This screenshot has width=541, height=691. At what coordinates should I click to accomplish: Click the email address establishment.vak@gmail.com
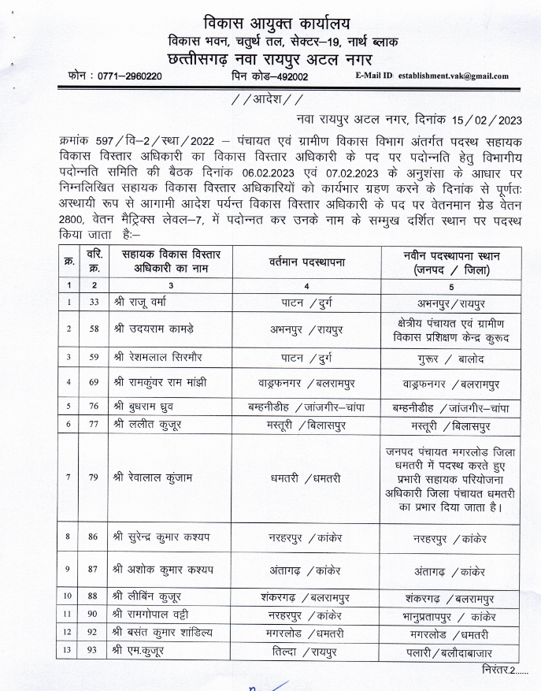click(x=453, y=76)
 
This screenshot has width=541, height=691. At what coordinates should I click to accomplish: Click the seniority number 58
click(x=94, y=327)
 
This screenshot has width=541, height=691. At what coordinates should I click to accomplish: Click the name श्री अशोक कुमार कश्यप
click(x=165, y=569)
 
